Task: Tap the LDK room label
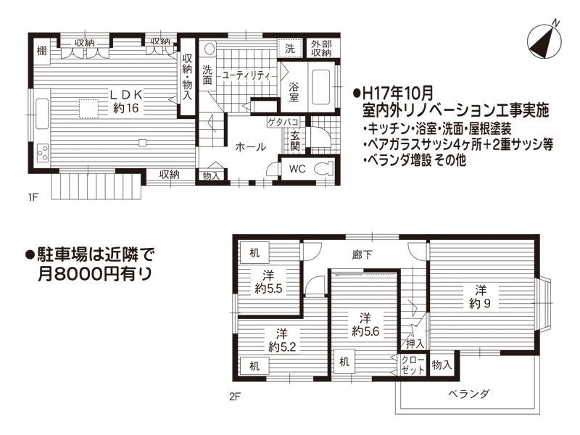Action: (125, 95)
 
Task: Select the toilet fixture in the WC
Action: (323, 169)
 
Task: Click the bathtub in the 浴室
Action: (320, 87)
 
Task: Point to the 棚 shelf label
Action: (42, 50)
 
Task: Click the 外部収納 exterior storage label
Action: (321, 49)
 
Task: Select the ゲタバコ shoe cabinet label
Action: (283, 122)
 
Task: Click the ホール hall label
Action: (251, 147)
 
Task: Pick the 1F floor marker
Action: (33, 196)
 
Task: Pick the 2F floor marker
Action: (235, 397)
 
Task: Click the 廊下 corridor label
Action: (362, 255)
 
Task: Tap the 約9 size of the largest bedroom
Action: (480, 304)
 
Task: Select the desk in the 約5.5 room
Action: (254, 252)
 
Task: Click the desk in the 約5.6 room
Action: (344, 361)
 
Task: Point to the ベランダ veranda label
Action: (468, 394)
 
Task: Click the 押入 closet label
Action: (415, 344)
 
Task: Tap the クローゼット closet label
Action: (413, 365)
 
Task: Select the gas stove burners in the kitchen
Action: (43, 152)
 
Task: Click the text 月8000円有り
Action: (95, 274)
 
